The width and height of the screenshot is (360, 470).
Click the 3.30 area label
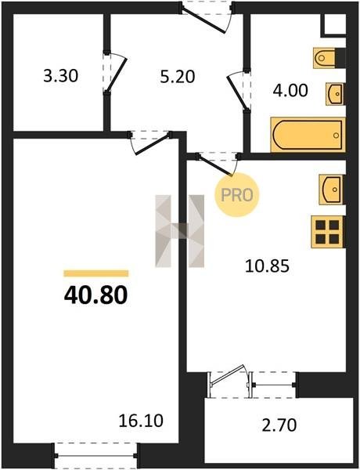pyautogui.click(x=61, y=75)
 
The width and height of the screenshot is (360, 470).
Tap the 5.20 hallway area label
pyautogui.click(x=178, y=77)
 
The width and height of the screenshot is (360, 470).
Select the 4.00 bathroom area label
pyautogui.click(x=290, y=90)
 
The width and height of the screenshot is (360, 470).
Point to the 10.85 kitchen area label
pyautogui.click(x=267, y=266)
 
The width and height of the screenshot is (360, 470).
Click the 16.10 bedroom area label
pyautogui.click(x=141, y=421)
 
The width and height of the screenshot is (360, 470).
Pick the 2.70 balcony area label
pyautogui.click(x=279, y=425)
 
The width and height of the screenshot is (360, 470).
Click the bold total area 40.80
pyautogui.click(x=95, y=295)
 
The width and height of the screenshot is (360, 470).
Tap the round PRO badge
pyautogui.click(x=236, y=195)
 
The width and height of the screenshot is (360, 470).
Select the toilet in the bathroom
pyautogui.click(x=329, y=57)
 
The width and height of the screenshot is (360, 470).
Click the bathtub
pyautogui.click(x=308, y=135)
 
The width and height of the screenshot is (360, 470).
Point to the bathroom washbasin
pyautogui.click(x=335, y=94)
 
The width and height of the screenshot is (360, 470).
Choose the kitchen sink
pyautogui.click(x=332, y=190)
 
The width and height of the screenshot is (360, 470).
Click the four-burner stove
pyautogui.click(x=327, y=232)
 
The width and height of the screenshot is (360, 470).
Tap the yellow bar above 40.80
pyautogui.click(x=96, y=273)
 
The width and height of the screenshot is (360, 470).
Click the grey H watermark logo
pyautogui.click(x=180, y=231)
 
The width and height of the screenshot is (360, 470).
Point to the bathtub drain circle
pyautogui.click(x=336, y=136)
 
